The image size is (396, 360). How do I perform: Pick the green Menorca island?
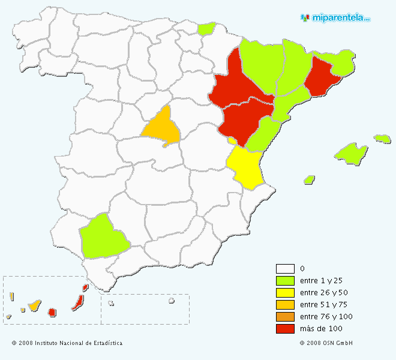pyautogui.click(x=382, y=139)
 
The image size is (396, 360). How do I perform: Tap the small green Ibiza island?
pyautogui.click(x=310, y=179)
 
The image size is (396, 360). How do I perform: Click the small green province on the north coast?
pyautogui.click(x=207, y=28)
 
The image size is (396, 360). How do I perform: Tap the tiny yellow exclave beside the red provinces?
pyautogui.click(x=232, y=140)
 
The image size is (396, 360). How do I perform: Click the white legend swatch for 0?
pyautogui.click(x=285, y=269)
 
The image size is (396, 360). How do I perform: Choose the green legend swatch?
pyautogui.click(x=285, y=281)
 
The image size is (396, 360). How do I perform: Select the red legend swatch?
pyautogui.click(x=285, y=329)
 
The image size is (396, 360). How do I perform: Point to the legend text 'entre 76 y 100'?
pyautogui.click(x=326, y=317)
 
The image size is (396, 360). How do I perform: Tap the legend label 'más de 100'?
pyautogui.click(x=320, y=329)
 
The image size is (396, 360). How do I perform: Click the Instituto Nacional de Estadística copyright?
pyautogui.click(x=67, y=343)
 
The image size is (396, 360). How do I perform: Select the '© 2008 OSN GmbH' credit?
pyautogui.click(x=326, y=343)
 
